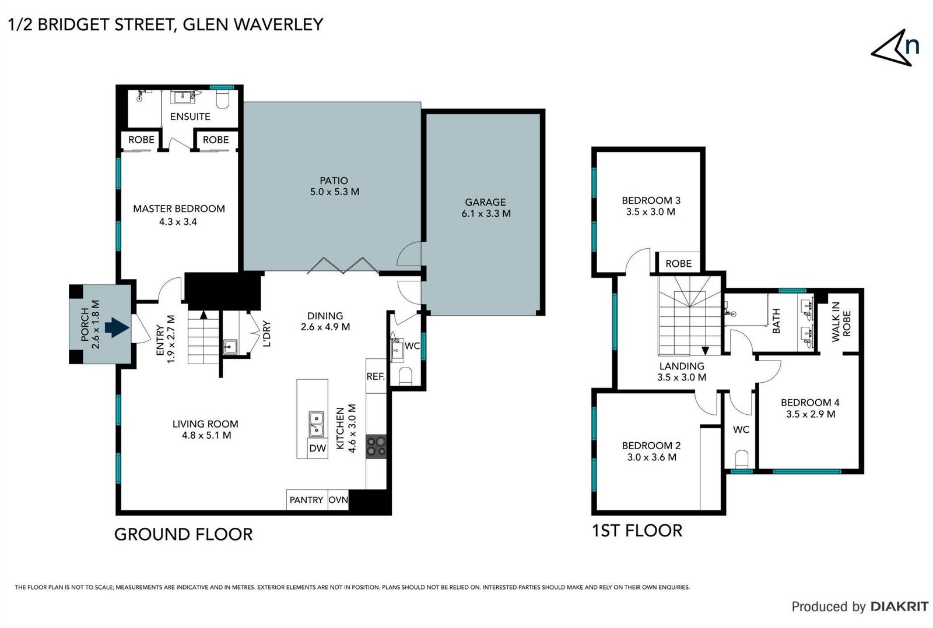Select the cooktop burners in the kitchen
click(376, 446)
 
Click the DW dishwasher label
click(317, 448)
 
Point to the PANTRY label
click(306, 500)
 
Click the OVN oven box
click(338, 500)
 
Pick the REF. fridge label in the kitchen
click(376, 376)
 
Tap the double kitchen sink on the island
click(316, 424)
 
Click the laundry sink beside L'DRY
click(230, 347)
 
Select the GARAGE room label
click(485, 202)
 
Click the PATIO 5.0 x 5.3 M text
click(334, 186)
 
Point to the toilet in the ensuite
click(223, 100)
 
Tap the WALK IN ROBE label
click(841, 322)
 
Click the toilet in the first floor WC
click(741, 459)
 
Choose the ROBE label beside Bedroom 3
click(678, 263)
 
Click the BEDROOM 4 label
click(810, 402)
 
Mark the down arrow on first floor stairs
click(705, 350)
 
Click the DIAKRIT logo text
click(899, 606)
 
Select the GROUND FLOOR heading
click(183, 534)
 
